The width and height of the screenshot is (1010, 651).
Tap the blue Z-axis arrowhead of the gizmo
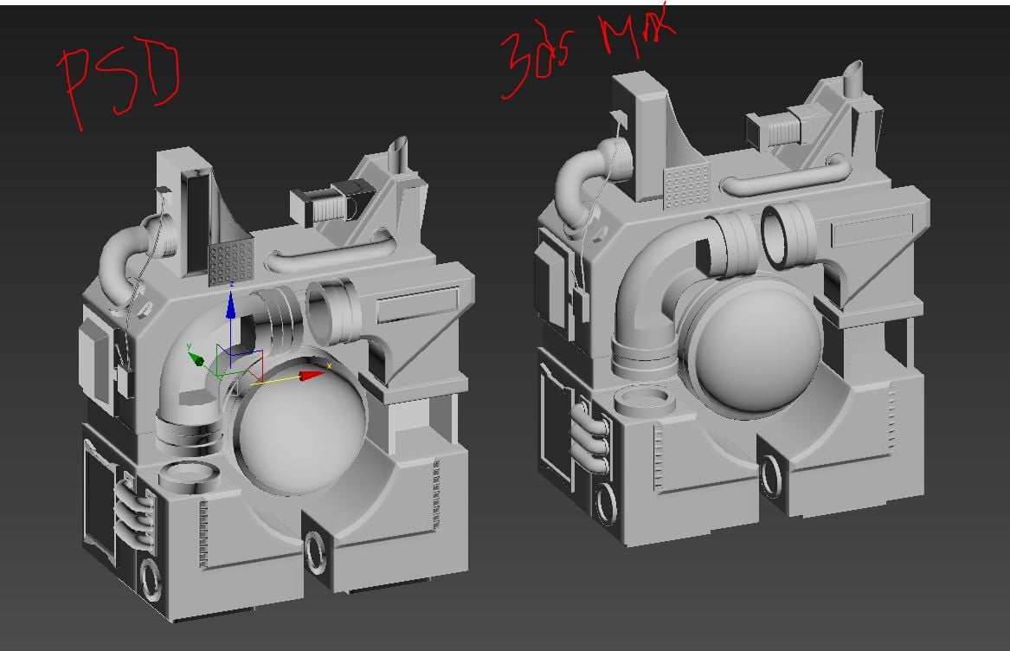(x=231, y=304)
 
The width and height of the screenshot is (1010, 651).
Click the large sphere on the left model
(x=299, y=429)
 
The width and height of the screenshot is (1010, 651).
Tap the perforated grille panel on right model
(x=686, y=184)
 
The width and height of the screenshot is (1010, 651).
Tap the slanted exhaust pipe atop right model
(x=852, y=78)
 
